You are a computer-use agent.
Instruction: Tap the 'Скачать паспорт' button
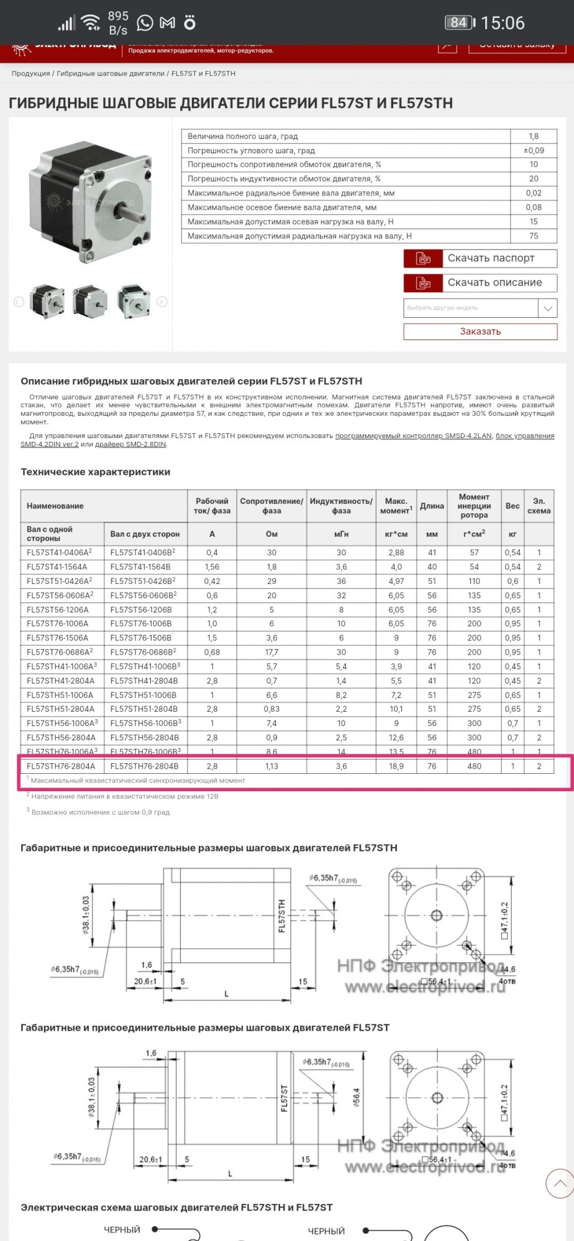(480, 258)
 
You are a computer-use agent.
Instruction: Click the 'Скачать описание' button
(480, 283)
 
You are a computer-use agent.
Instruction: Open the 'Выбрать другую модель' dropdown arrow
(547, 308)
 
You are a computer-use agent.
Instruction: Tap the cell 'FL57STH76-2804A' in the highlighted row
(61, 766)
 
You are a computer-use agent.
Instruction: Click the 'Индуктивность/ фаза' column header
(341, 506)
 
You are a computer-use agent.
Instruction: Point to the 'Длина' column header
(432, 506)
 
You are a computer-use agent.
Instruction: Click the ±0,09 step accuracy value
(534, 150)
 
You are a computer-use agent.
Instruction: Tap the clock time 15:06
(503, 23)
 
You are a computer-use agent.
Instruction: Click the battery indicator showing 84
(459, 23)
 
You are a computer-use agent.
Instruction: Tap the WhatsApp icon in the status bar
(145, 23)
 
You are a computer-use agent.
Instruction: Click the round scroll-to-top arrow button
(559, 1183)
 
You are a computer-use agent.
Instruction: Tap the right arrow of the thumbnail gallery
(162, 302)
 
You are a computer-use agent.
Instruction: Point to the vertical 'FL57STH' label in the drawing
(281, 916)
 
